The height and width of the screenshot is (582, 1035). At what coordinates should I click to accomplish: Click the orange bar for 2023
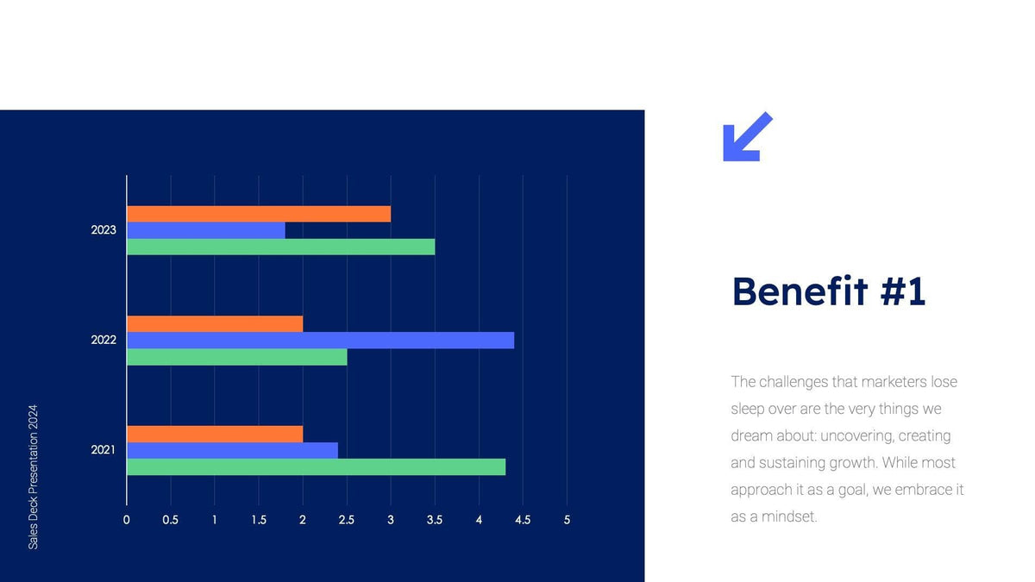pos(259,214)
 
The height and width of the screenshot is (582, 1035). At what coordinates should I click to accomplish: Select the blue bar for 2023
pos(206,230)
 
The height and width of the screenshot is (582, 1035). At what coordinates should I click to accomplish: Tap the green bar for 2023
pos(280,247)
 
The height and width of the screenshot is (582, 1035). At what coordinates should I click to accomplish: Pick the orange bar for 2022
pos(215,323)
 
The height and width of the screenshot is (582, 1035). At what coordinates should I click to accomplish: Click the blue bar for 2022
pos(320,340)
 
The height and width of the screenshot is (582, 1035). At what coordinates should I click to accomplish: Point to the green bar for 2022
pos(236,356)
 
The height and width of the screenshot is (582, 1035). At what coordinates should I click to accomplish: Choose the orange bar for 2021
pos(215,434)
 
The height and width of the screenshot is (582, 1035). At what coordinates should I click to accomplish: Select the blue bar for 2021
pos(232,450)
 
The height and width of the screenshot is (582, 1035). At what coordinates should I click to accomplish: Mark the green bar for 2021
pos(316,466)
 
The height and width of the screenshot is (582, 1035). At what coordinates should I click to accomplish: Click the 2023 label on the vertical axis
pos(103,230)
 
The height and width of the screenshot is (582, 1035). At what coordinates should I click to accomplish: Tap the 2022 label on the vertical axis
pos(103,340)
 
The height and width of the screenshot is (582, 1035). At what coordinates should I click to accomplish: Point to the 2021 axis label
pos(103,450)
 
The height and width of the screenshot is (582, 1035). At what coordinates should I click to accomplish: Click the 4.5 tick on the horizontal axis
pos(523,520)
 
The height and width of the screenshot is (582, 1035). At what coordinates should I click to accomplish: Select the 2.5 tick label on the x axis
pos(347,520)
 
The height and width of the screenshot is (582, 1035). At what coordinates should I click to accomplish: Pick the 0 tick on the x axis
pos(127,520)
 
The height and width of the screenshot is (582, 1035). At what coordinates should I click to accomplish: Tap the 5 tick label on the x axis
pos(567,520)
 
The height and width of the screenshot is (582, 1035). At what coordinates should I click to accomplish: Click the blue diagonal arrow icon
pos(746,137)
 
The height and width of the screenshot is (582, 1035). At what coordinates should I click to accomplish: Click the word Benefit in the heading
pos(799,291)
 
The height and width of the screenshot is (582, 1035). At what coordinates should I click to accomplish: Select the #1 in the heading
pos(903,291)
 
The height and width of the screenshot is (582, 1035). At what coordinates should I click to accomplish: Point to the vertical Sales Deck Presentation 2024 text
pos(34,477)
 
